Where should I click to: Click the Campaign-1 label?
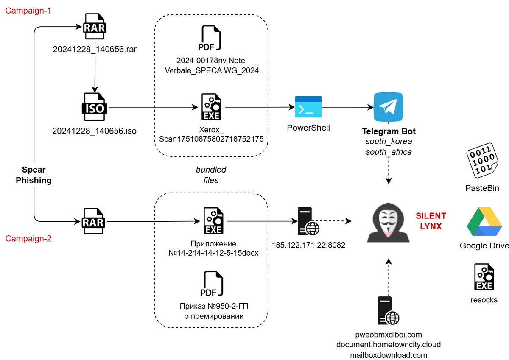coord(28,11)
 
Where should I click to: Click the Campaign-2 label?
coord(28,238)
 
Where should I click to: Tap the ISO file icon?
coord(94,108)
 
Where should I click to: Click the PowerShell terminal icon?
coord(308,107)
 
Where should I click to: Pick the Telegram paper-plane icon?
coord(388,107)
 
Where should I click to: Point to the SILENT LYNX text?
coord(431,221)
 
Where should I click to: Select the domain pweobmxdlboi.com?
coord(389,335)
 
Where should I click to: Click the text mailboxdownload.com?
coord(389,355)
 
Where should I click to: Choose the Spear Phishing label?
coord(34,175)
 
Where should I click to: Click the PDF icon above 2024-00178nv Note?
coord(211,39)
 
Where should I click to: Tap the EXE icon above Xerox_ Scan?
coord(211,108)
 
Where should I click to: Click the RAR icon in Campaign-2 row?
coord(95,221)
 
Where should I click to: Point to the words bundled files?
coord(211,175)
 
